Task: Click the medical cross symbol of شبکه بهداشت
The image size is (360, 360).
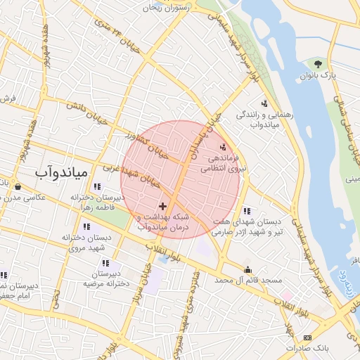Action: click(x=163, y=206)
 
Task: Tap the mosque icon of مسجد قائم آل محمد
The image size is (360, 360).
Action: click(x=247, y=269)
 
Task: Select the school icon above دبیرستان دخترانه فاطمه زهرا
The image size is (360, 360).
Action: click(x=96, y=187)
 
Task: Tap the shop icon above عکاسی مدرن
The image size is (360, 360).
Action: click(x=17, y=187)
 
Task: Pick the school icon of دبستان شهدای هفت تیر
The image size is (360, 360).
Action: click(x=246, y=210)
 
